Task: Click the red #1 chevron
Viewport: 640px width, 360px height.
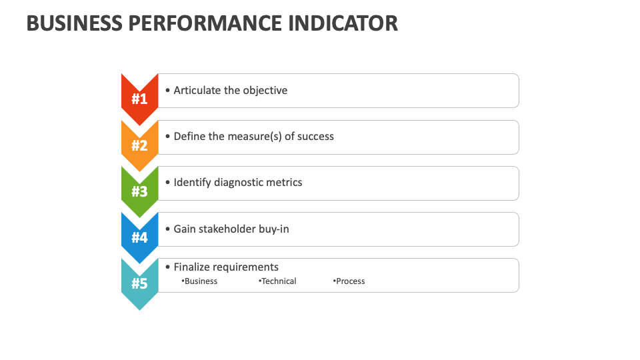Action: coord(139,99)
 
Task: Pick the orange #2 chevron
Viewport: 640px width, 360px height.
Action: coord(139,145)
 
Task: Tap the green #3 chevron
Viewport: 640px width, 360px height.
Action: coord(139,191)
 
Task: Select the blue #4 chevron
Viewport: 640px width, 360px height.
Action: coord(139,237)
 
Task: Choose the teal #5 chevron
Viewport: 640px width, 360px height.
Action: coord(139,283)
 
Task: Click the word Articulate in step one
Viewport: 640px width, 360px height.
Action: coord(197,90)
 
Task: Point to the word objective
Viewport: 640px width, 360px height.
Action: coord(265,90)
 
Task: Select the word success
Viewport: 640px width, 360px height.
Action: coord(315,136)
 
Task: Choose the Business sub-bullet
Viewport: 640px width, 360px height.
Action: coord(201,281)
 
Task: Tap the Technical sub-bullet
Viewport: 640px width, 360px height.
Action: coord(279,281)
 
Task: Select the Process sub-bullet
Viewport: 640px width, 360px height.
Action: coord(350,281)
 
